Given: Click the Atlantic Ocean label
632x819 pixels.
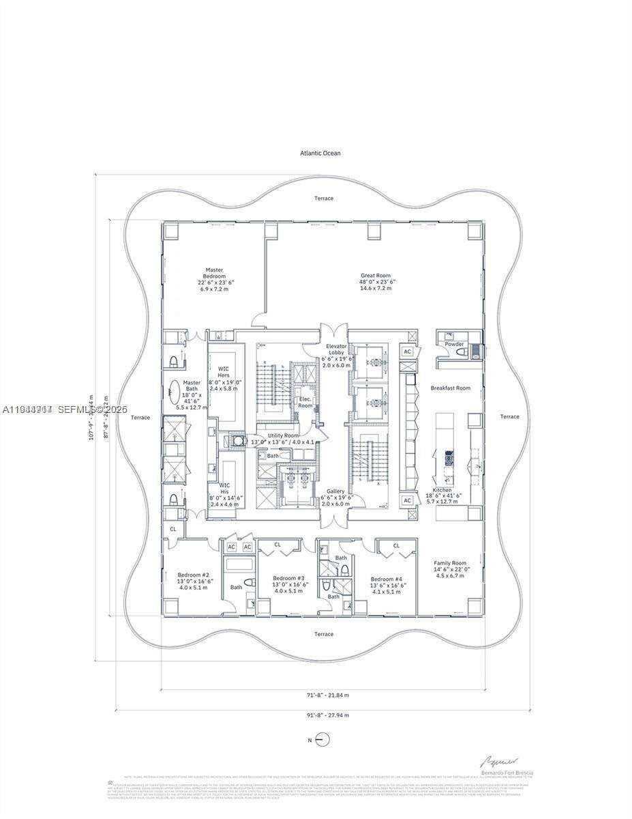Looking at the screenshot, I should click(x=320, y=153).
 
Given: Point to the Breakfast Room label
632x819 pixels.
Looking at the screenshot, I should click(x=450, y=388).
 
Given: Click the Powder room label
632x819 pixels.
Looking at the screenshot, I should click(x=454, y=344).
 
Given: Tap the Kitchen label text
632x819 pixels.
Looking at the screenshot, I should click(x=443, y=490).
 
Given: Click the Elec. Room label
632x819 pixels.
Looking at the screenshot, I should click(x=305, y=402).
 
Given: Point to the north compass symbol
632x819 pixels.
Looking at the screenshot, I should click(x=324, y=739).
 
